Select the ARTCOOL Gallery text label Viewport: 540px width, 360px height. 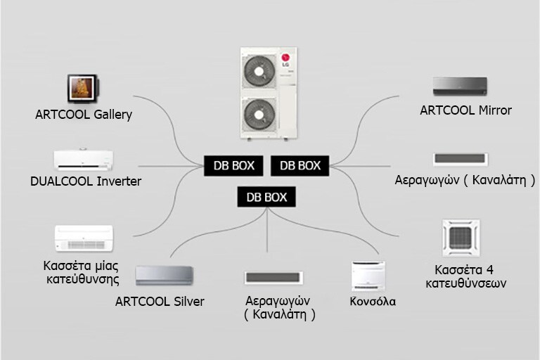click(84, 114)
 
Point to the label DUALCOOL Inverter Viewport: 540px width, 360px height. click(86, 181)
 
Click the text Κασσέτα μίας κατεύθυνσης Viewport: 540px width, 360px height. click(79, 273)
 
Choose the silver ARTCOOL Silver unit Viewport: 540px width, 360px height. click(163, 276)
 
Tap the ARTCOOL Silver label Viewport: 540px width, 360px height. click(160, 302)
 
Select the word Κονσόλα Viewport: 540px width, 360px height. click(373, 302)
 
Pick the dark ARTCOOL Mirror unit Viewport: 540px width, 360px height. click(465, 87)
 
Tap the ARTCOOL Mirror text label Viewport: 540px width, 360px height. click(465, 110)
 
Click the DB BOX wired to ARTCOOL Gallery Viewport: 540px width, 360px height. click(234, 165)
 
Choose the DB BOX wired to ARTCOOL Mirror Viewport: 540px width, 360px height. click(300, 165)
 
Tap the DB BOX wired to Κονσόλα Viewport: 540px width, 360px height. click(266, 197)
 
